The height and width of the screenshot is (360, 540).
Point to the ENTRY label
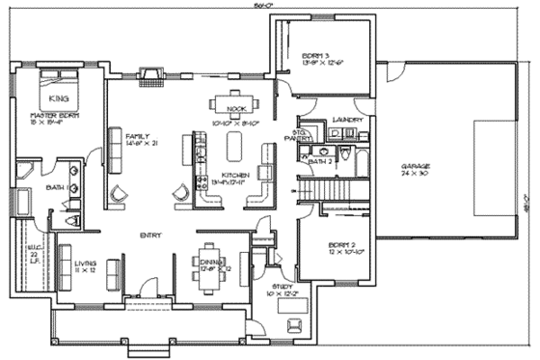[x=148, y=235]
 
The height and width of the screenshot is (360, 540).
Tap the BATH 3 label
[x=319, y=162]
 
